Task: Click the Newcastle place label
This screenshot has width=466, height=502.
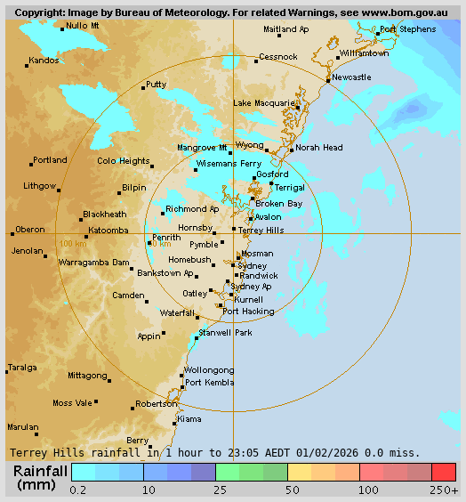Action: pyautogui.click(x=352, y=77)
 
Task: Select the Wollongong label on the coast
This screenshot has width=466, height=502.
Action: pyautogui.click(x=209, y=370)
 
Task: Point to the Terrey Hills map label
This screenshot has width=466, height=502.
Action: pyautogui.click(x=261, y=230)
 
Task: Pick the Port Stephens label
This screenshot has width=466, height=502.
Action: pyautogui.click(x=408, y=29)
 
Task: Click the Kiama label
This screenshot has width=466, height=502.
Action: pyautogui.click(x=189, y=418)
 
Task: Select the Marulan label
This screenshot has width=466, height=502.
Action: pyautogui.click(x=23, y=427)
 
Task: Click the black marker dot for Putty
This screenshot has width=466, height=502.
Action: pyautogui.click(x=143, y=88)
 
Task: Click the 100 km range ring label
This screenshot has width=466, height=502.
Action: pyautogui.click(x=72, y=243)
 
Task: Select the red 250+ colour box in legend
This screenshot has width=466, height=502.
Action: pyautogui.click(x=444, y=472)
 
